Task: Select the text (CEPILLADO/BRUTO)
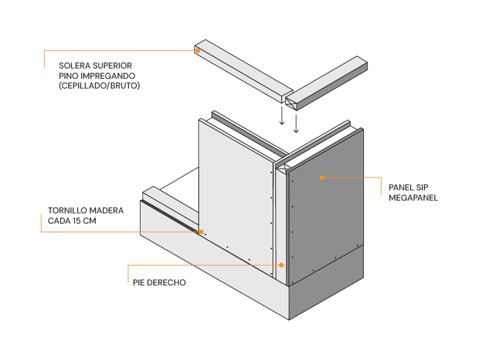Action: click(x=99, y=86)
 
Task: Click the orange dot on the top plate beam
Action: click(x=198, y=51)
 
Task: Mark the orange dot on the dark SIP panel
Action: click(x=322, y=178)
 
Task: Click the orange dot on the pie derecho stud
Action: click(x=281, y=265)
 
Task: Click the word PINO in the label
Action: click(x=69, y=76)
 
